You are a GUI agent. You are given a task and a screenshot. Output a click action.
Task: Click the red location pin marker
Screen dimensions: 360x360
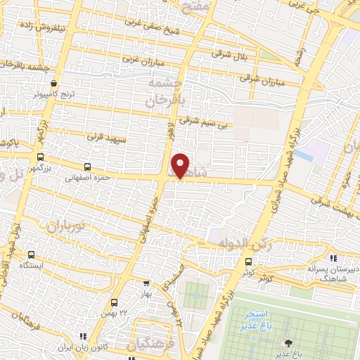pos(181,166)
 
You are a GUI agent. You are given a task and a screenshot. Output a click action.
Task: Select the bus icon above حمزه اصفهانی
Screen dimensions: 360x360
pos(87,167)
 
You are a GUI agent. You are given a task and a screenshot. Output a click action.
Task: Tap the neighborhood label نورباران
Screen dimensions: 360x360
pos(66,226)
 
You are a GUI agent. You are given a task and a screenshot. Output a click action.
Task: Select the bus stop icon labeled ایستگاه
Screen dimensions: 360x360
pos(32,255)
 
